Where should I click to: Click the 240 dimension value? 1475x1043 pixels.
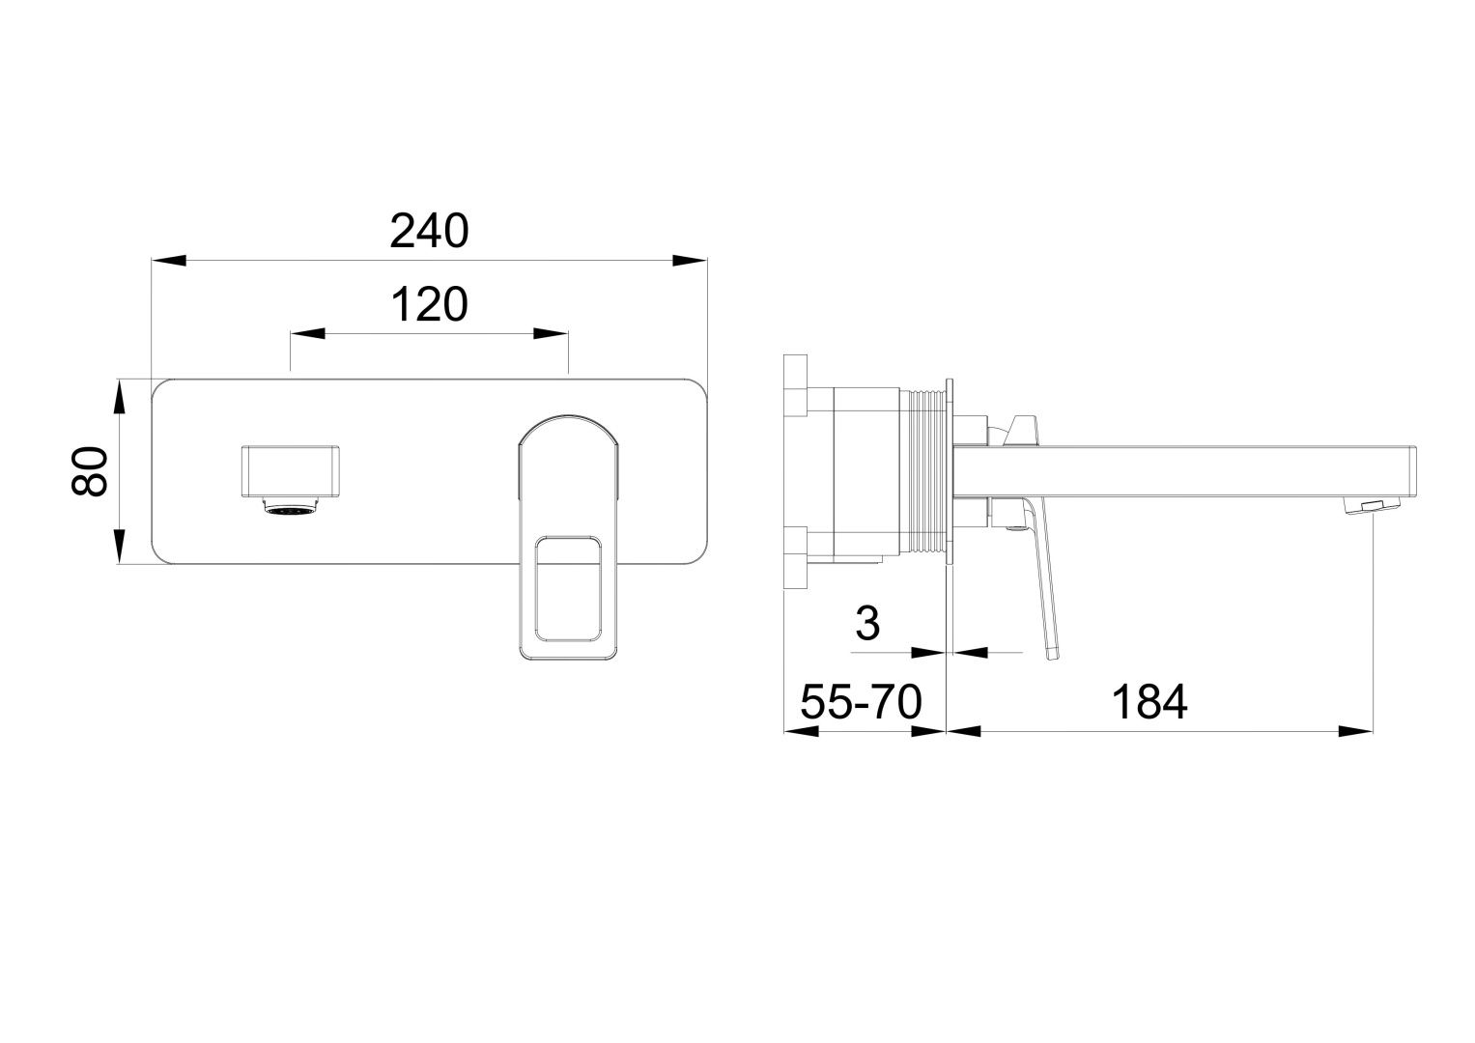point(429,232)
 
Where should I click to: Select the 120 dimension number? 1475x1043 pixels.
point(429,305)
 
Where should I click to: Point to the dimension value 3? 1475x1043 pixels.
point(867,624)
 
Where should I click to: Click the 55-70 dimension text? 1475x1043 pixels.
point(861,702)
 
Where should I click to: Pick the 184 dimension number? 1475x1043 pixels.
point(1149,702)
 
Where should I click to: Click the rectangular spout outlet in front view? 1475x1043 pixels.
point(290,470)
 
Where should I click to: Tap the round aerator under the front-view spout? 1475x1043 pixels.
point(290,509)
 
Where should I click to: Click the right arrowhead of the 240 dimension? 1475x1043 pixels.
point(691,260)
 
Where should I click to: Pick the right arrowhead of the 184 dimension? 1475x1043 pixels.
point(1357,731)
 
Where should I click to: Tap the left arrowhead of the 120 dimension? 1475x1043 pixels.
point(306,333)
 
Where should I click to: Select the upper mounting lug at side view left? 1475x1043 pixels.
point(795,386)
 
